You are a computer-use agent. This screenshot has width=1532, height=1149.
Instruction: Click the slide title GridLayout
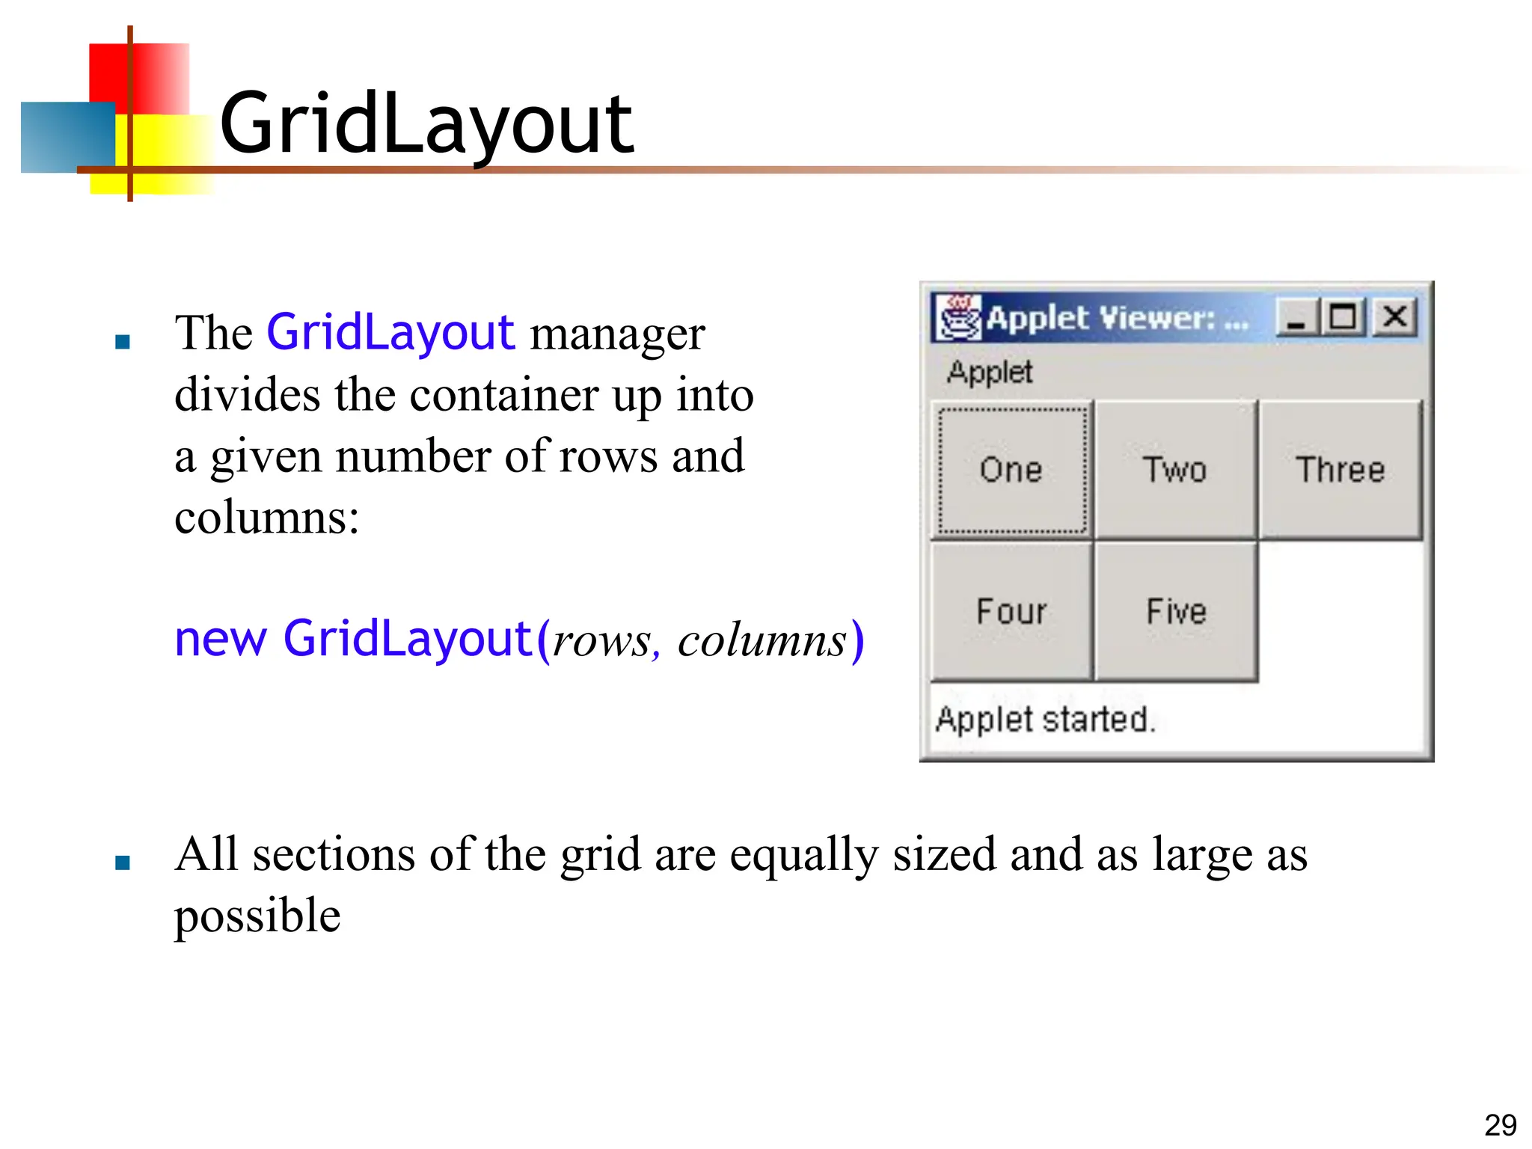coord(426,124)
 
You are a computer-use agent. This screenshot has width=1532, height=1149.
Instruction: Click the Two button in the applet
coord(1175,470)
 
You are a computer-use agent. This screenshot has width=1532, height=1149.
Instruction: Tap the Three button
coord(1340,470)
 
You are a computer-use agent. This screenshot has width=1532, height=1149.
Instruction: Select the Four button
coord(1011,611)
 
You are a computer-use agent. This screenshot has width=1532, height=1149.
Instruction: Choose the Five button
coord(1176,611)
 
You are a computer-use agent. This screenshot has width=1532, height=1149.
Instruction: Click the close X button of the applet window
coord(1395,317)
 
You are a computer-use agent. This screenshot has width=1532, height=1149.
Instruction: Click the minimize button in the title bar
coord(1296,317)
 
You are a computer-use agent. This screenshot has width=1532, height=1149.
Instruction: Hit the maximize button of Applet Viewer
coord(1343,317)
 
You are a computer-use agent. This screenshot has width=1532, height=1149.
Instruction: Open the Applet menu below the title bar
coord(989,372)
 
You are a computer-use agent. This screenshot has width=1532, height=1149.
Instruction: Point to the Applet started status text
coord(1046,720)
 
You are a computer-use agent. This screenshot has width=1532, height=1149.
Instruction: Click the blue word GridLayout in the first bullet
coord(390,332)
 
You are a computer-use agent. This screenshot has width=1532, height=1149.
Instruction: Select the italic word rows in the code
coord(601,641)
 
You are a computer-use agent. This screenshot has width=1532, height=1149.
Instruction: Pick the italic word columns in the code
coord(762,641)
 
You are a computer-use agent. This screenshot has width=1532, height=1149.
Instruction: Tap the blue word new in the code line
coord(220,640)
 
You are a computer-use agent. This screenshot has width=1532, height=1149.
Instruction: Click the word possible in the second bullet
coord(257,916)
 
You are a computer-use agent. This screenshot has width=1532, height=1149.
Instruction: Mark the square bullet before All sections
coord(123,863)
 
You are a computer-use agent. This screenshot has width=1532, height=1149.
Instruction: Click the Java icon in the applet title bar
coord(959,317)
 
